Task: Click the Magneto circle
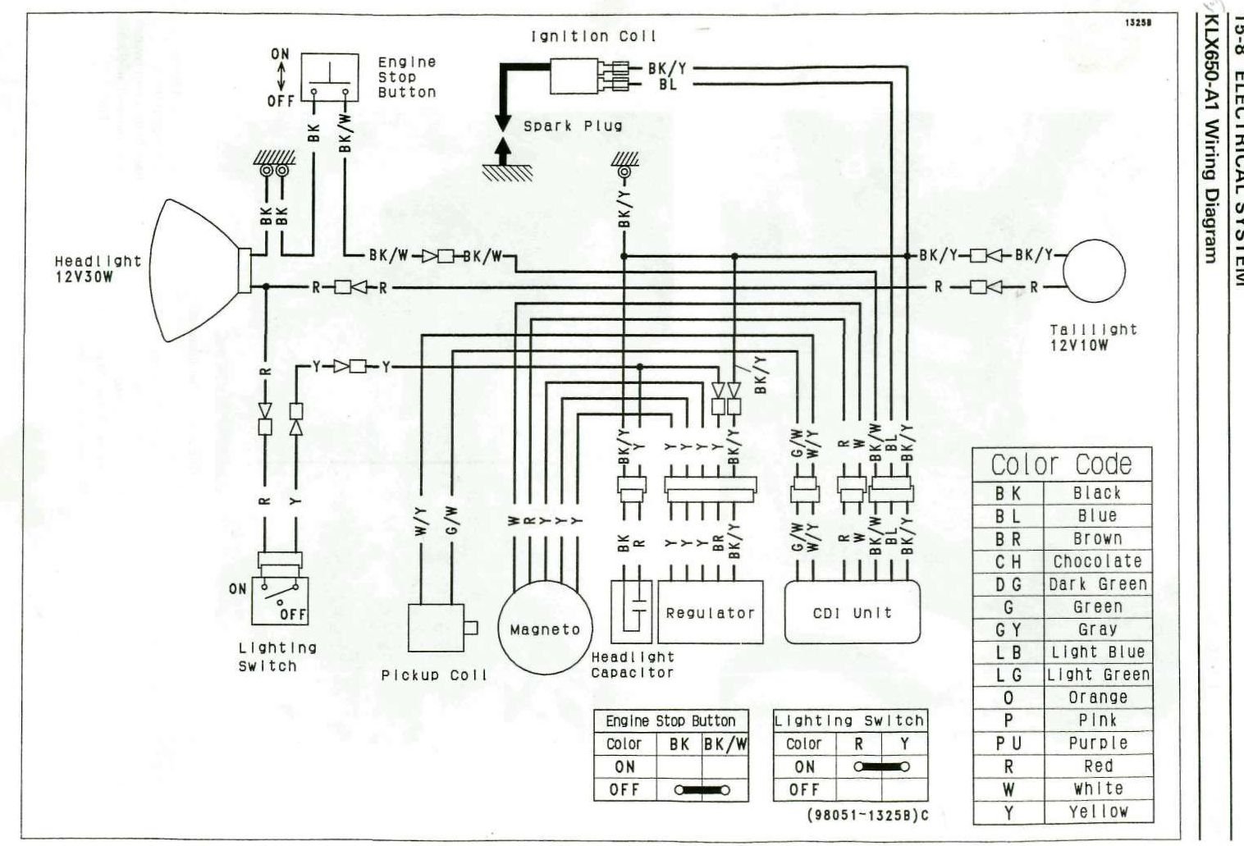545,629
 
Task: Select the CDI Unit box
851,612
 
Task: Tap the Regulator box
710,612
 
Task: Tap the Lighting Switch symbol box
279,600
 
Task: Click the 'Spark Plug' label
573,126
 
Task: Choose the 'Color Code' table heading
1061,464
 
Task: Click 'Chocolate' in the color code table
1097,562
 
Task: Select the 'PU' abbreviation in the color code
1008,743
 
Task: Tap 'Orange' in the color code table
1097,697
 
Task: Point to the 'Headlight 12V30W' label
98,268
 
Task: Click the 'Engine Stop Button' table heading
670,720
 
